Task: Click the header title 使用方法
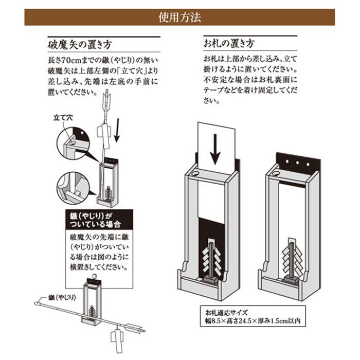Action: click(179, 17)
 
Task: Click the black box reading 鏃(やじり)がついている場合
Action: click(97, 220)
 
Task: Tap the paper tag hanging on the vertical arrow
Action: click(104, 135)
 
